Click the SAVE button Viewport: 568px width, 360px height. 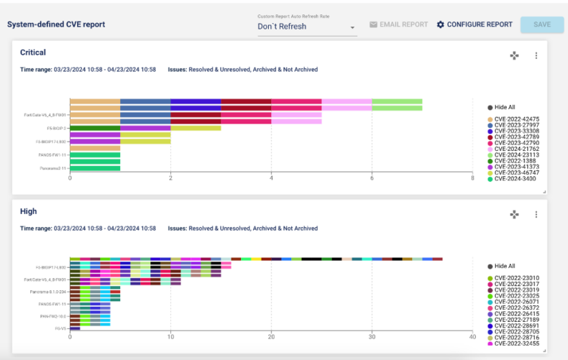542,24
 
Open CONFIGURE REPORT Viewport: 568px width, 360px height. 474,24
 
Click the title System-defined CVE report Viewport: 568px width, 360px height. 56,24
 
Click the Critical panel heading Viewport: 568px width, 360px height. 33,52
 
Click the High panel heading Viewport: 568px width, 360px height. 29,211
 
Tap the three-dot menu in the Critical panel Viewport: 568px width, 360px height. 536,55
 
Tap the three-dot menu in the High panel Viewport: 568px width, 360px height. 536,214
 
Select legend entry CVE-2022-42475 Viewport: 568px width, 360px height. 516,119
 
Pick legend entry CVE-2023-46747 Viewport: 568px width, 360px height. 516,173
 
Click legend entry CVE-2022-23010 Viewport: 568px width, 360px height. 516,278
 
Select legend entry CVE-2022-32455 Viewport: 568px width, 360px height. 516,343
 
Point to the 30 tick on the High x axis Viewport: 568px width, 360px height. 372,336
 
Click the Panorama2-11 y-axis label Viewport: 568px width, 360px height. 52,169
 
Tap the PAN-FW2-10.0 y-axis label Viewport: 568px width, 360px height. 52,315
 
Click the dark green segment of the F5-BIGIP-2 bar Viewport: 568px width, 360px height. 94,128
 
